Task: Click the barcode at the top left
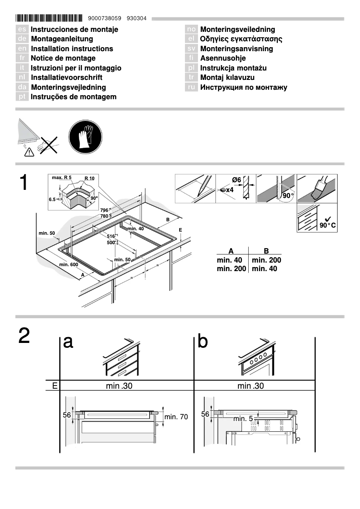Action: pyautogui.click(x=49, y=18)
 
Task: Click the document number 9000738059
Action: pyautogui.click(x=105, y=19)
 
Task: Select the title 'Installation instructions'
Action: pyautogui.click(x=72, y=48)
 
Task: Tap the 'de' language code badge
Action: pyautogui.click(x=22, y=39)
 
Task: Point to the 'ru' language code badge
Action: pyautogui.click(x=191, y=88)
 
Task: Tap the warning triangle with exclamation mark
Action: pyautogui.click(x=29, y=153)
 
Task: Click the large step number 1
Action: pyautogui.click(x=25, y=183)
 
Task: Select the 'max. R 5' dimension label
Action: pyautogui.click(x=61, y=178)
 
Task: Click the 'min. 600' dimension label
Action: pyautogui.click(x=69, y=264)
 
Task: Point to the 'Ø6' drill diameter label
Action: pyautogui.click(x=237, y=180)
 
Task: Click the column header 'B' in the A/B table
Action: pyautogui.click(x=266, y=251)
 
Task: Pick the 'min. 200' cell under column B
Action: pyautogui.click(x=267, y=260)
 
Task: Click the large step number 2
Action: pyautogui.click(x=25, y=337)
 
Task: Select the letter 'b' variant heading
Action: pyautogui.click(x=203, y=342)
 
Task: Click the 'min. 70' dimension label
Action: pyautogui.click(x=176, y=417)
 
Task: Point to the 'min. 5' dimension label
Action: pyautogui.click(x=243, y=419)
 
